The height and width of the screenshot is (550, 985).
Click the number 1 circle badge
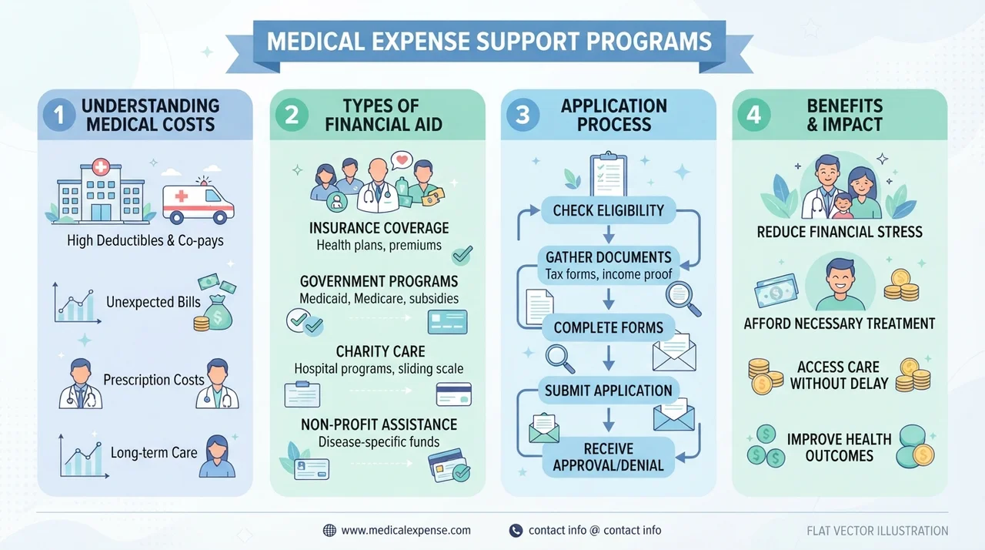59,115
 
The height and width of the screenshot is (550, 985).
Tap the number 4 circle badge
753,115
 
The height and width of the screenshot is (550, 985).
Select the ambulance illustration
199,202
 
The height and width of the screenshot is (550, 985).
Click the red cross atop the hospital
101,166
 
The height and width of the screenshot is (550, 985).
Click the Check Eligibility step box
608,210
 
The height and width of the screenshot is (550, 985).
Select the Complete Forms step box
608,327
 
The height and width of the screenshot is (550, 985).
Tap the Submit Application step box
608,391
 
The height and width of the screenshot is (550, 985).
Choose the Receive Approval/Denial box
608,457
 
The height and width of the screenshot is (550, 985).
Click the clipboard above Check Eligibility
608,174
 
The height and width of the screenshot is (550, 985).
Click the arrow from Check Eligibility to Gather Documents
609,234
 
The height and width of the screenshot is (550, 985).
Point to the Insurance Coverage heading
379,228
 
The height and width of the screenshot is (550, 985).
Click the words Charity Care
380,351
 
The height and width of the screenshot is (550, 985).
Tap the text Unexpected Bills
153,302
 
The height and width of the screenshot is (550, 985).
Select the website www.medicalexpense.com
406,530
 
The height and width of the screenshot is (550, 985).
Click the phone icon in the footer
516,531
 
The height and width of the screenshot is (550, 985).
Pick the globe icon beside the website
329,531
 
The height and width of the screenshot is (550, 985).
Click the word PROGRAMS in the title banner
649,42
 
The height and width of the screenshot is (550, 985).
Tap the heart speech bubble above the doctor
402,159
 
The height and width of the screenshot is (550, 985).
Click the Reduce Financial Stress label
840,232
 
